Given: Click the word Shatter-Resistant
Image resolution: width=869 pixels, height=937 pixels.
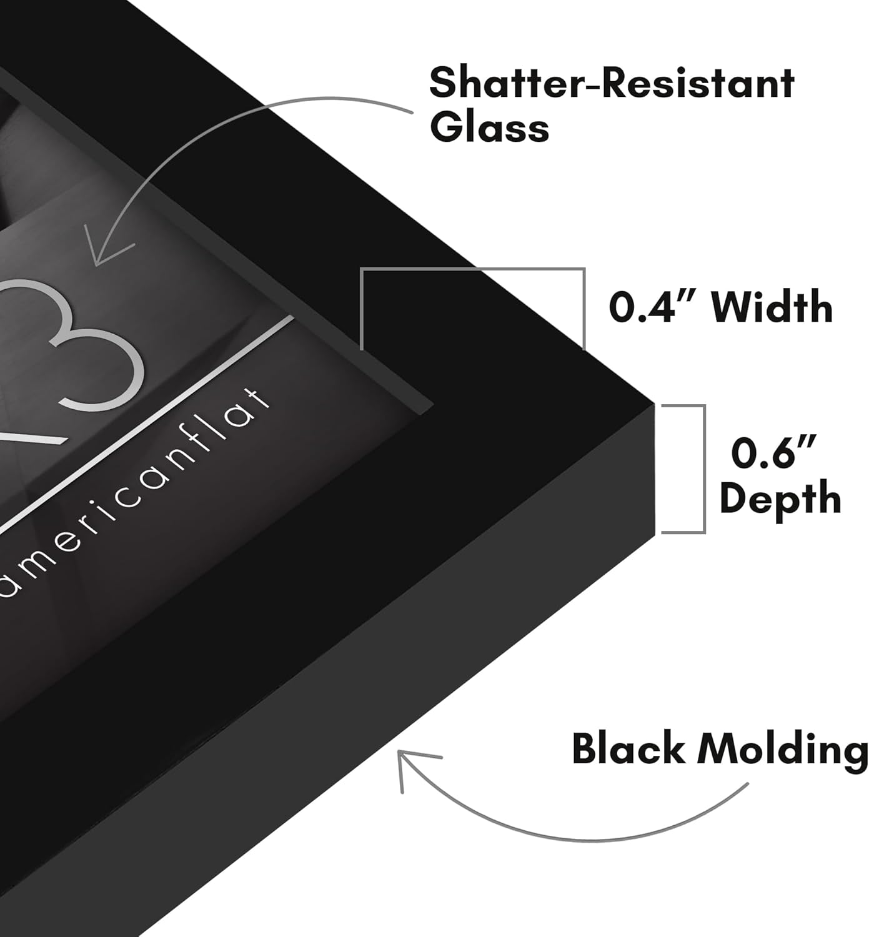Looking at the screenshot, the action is [612, 84].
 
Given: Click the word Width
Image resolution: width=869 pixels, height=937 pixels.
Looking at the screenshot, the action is [772, 307].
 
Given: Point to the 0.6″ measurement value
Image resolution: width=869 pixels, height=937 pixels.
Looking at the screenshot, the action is [773, 452].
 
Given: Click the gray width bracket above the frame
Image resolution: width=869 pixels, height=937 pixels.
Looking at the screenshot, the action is [473, 269].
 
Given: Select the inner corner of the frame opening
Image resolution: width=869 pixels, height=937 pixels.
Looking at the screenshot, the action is [432, 405].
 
